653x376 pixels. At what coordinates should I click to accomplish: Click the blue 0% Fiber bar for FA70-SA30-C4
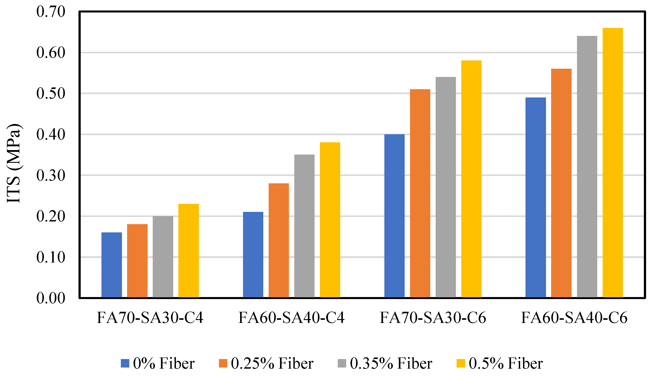coord(111,265)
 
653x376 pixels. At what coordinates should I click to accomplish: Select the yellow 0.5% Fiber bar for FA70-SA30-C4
coord(188,250)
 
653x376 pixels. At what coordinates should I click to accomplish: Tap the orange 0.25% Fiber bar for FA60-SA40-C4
coord(278,240)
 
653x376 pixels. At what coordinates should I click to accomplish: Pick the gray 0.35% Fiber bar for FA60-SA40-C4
coord(304,226)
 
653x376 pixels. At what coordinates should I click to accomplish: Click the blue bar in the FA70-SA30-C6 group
coord(394,216)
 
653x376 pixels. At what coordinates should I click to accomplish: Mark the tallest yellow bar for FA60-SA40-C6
coord(612,163)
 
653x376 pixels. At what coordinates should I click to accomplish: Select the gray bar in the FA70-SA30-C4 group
coord(163,257)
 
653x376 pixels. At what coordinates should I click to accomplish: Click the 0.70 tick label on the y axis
coord(51,12)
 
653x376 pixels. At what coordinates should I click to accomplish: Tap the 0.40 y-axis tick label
coord(51,134)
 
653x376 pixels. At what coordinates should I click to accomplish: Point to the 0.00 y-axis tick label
coord(51,298)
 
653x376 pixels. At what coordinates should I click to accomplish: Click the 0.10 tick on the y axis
coord(51,257)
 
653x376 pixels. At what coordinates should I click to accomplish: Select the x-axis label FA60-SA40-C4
coord(291,318)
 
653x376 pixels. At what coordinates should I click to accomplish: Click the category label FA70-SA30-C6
coord(433,318)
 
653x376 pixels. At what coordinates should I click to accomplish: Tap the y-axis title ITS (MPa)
coord(13,164)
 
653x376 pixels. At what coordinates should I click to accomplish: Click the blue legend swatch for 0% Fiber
coord(125,363)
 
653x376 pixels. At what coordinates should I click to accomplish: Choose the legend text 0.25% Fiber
coord(272,363)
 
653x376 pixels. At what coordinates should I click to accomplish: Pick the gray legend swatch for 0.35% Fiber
coord(342,363)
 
